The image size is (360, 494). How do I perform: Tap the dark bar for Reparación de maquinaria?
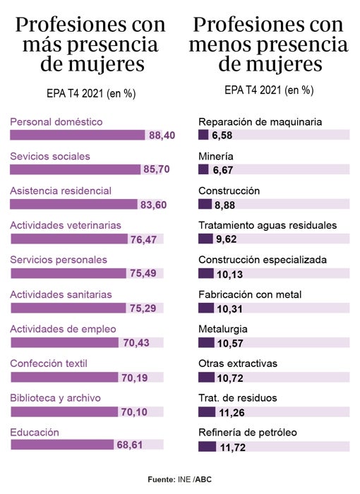203,135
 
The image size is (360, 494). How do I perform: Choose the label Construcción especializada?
263,260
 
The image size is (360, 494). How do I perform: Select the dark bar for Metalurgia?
206,342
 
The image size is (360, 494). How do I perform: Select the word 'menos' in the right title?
229,45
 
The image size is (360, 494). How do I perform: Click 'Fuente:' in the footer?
162,480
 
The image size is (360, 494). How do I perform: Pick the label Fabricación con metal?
250,294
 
